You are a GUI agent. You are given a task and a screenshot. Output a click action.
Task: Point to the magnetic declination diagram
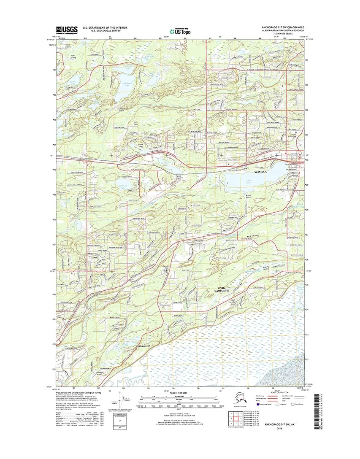(x=123, y=401)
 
